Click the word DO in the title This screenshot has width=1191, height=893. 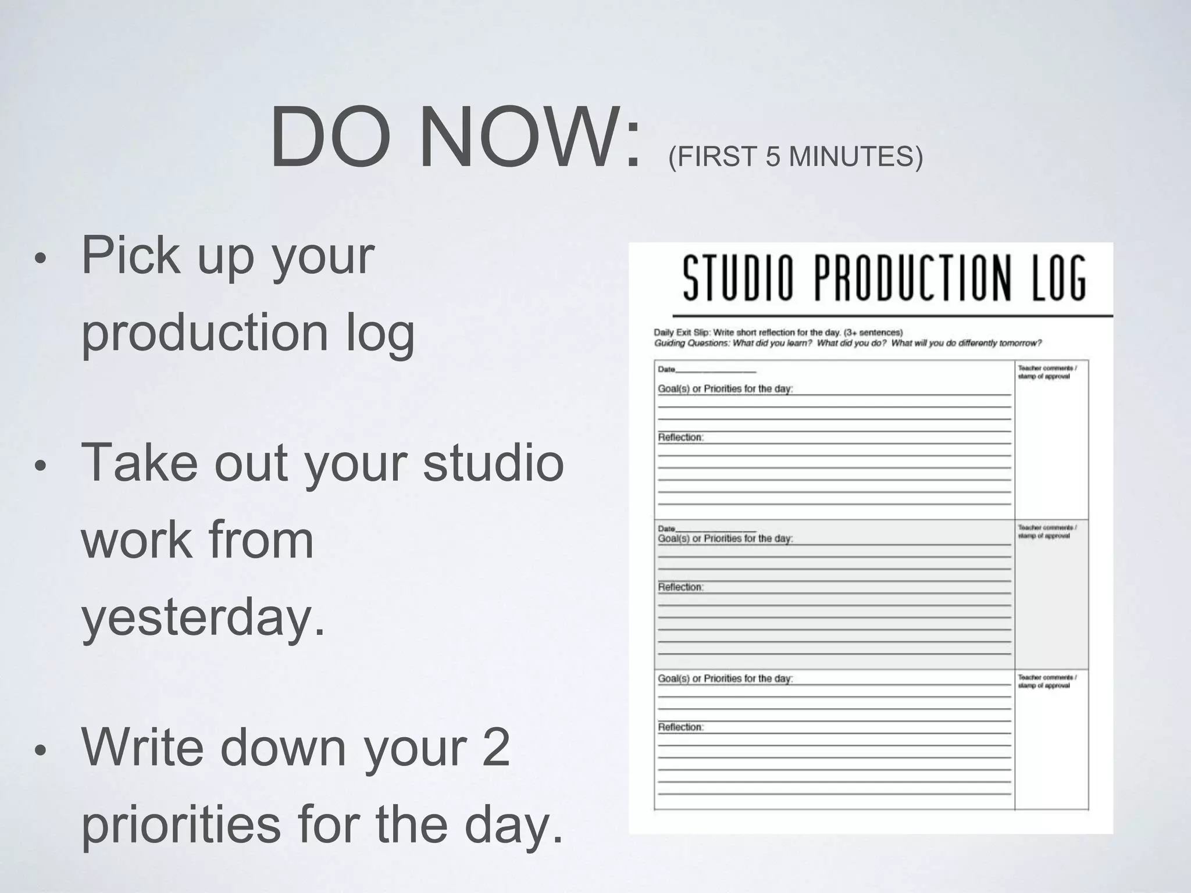click(x=330, y=138)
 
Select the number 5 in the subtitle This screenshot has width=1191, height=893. click(x=772, y=157)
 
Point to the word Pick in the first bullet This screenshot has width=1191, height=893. click(x=130, y=256)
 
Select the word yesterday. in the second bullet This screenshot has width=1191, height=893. click(x=203, y=617)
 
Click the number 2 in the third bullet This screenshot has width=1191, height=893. click(x=496, y=746)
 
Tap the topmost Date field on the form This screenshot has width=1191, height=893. click(x=707, y=369)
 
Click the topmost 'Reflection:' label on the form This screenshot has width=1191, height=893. click(x=680, y=437)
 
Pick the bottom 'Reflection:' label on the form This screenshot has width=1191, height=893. click(x=680, y=727)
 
